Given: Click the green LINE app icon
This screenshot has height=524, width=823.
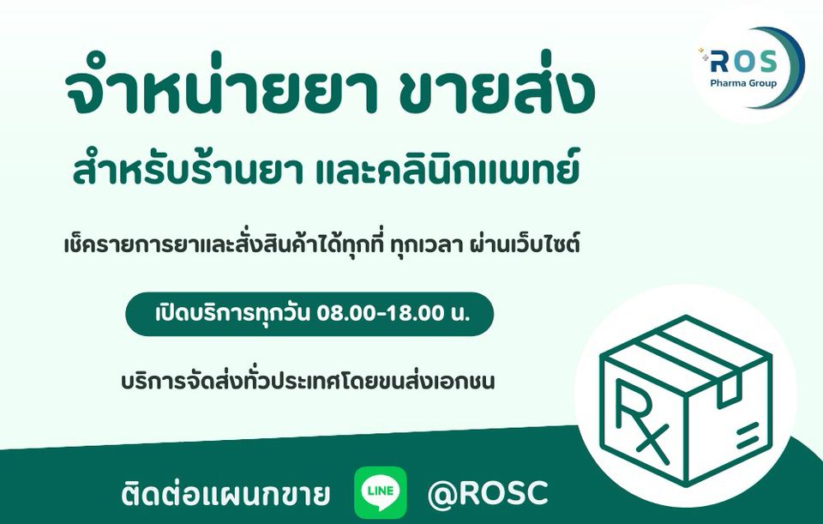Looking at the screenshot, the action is click(381, 492).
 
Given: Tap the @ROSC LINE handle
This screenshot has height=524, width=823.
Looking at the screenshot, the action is click(488, 493).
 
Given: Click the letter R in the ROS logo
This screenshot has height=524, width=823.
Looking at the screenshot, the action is click(719, 62).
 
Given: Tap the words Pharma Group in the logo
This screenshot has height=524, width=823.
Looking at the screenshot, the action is click(742, 83).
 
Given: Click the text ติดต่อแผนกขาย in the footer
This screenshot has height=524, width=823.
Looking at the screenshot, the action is click(225, 493).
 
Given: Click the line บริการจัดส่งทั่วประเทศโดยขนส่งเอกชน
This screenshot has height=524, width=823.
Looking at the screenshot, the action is click(308, 381).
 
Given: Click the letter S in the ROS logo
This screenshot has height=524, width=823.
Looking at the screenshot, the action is click(766, 62).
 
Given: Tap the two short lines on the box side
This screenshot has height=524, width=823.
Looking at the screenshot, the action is click(748, 436).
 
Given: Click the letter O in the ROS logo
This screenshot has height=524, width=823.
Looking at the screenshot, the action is click(742, 62).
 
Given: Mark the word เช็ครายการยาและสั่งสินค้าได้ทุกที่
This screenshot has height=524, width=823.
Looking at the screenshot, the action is click(228, 244).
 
